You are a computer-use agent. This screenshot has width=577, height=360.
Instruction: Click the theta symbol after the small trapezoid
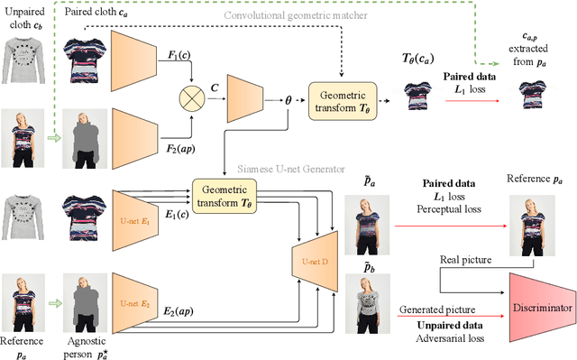point(288,101)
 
